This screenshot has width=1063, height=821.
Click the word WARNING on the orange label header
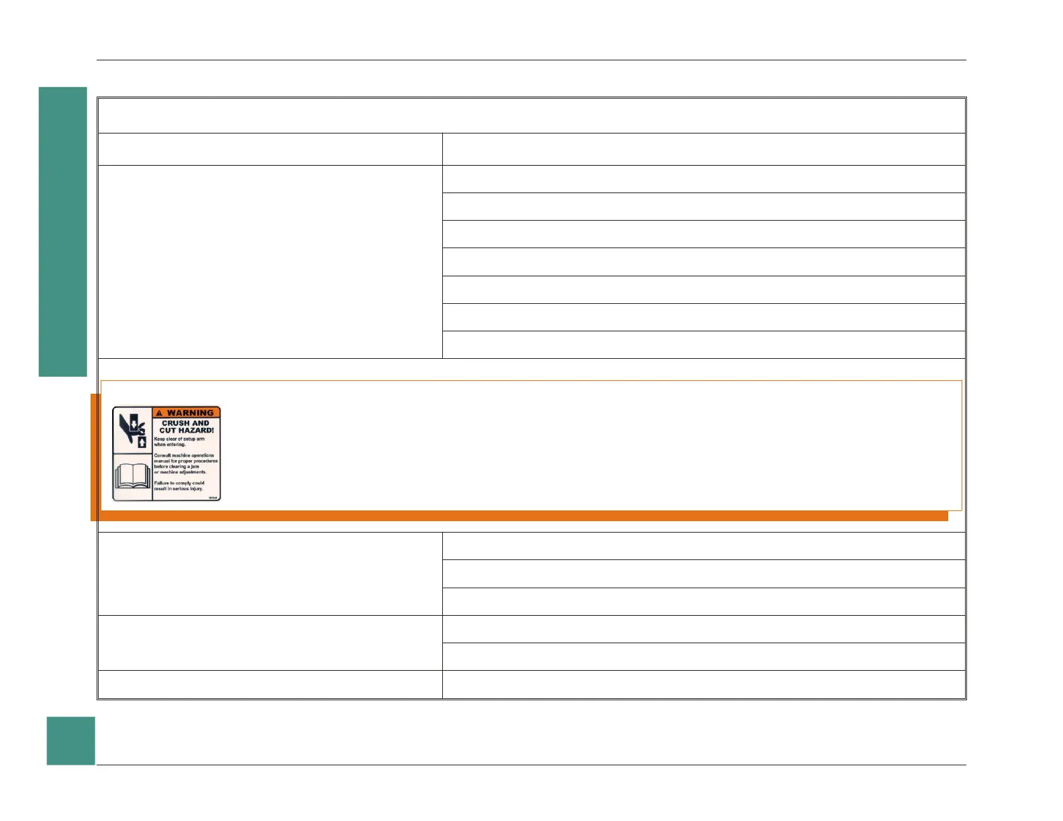tap(190, 413)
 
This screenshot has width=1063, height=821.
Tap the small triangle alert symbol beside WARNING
tap(159, 413)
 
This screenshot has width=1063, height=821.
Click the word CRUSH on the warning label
tap(176, 423)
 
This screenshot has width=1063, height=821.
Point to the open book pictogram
tap(132, 476)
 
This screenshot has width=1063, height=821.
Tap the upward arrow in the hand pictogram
tap(142, 442)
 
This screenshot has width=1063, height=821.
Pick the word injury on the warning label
tap(195, 489)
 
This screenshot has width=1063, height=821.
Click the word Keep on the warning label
tap(159, 439)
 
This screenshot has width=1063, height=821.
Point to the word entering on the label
tap(176, 445)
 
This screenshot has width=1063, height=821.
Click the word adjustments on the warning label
tap(193, 472)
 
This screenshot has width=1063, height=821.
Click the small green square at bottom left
tap(70, 741)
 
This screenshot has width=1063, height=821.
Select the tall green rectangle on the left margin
tap(62, 231)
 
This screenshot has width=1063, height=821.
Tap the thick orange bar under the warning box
tap(523, 516)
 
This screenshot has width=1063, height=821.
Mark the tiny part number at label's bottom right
tap(213, 498)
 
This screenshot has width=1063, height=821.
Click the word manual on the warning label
tap(162, 461)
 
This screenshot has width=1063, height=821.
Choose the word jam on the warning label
tap(195, 467)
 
